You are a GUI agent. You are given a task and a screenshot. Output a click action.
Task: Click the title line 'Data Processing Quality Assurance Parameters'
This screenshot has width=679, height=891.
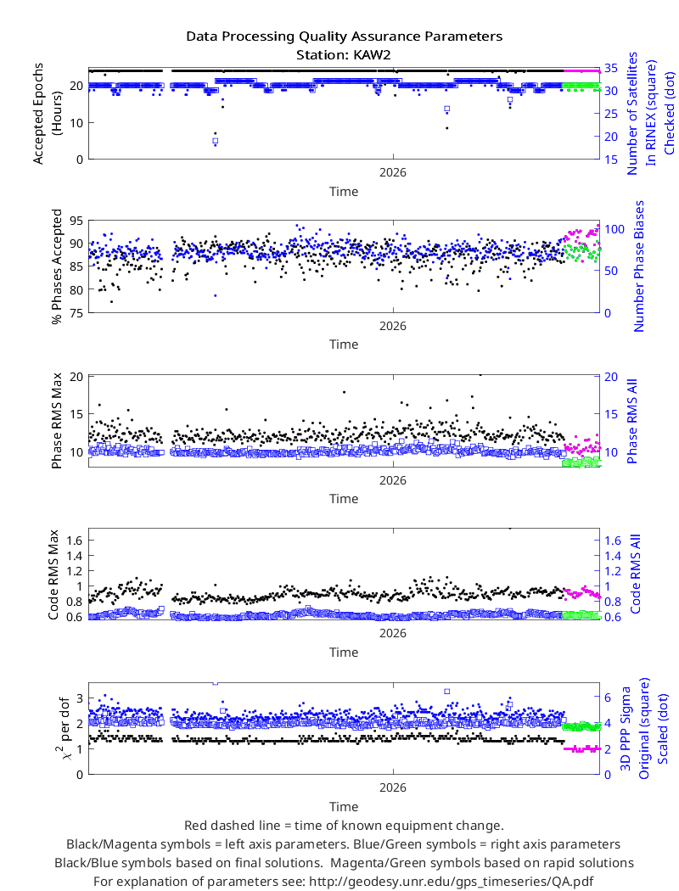coord(345,36)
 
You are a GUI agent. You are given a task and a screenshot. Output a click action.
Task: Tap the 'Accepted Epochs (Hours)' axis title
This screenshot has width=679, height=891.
coord(46,113)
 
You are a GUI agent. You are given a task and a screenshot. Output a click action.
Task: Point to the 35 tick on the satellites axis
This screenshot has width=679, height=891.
coord(611,68)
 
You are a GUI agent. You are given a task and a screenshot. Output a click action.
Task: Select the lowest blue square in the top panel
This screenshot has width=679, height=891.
coord(215,140)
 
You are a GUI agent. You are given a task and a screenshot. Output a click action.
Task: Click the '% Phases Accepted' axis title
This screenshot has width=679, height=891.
coord(57,266)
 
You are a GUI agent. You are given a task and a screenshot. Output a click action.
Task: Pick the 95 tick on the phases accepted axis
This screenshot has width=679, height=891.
coord(76,221)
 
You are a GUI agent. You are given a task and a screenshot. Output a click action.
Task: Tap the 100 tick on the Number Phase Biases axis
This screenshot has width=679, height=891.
coord(614,229)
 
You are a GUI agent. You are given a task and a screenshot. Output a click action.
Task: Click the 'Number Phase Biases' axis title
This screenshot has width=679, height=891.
coord(639,266)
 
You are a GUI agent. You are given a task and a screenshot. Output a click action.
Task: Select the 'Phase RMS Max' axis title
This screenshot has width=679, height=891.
coord(56,421)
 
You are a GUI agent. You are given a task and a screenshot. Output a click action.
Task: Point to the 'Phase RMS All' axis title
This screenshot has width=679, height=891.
coord(632,421)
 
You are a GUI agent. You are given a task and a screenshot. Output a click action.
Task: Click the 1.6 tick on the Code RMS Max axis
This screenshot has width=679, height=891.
coord(75,540)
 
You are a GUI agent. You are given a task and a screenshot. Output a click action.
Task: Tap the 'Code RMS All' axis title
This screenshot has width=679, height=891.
coord(635,574)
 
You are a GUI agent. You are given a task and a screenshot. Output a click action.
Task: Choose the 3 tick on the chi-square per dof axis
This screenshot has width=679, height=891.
coord(80,698)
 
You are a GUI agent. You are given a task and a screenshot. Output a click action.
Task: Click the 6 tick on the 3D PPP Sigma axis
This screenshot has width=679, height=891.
coord(608,698)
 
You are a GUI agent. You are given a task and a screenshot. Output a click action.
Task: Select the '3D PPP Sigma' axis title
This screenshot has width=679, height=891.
coord(626,728)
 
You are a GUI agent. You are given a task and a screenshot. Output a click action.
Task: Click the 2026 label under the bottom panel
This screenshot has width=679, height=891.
coord(393,787)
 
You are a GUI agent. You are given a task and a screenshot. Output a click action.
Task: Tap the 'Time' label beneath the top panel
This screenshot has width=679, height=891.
coord(344,192)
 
